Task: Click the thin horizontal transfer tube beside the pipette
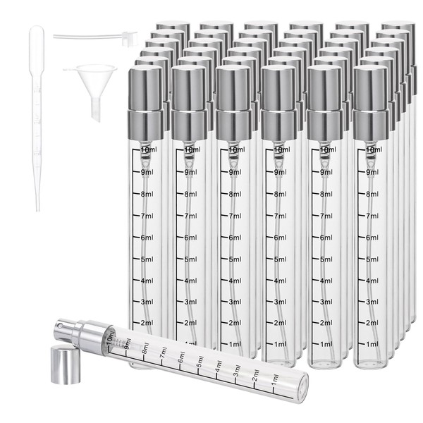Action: tap(85, 35)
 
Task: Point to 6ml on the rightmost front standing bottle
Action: tap(372, 238)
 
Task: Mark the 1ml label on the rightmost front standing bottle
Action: tap(372, 345)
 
